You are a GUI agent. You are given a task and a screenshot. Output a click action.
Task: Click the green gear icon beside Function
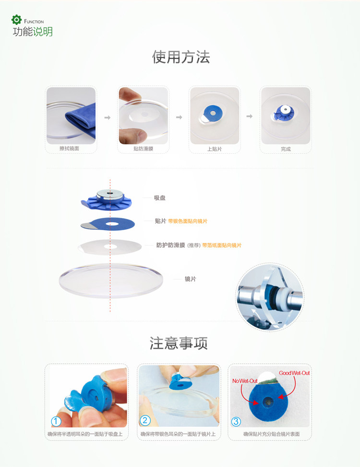17,20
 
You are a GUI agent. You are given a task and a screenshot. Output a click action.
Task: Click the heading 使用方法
181,57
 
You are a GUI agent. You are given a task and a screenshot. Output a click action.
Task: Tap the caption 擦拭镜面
69,148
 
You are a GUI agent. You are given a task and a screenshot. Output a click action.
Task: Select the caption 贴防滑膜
143,148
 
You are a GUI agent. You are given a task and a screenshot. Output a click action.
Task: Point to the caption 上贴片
215,149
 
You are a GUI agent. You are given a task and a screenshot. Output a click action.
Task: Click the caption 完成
286,149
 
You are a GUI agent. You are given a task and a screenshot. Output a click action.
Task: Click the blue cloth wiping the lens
82,119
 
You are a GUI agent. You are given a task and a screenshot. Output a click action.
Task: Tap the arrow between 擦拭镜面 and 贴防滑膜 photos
108,118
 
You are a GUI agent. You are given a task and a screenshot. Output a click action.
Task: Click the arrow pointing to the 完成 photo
249,116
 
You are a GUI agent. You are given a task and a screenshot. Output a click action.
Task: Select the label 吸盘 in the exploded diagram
160,198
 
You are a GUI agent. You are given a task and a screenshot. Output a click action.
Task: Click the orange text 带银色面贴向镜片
188,221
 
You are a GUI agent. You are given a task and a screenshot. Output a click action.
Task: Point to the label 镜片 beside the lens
191,279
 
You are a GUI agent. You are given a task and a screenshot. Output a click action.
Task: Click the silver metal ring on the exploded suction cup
110,196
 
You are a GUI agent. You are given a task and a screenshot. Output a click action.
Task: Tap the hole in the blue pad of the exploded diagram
111,224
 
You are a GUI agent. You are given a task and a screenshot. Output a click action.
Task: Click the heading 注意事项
179,343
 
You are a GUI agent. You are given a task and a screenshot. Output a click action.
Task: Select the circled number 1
56,421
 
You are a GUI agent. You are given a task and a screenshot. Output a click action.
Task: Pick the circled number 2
145,420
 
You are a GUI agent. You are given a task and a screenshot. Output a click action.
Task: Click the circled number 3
236,421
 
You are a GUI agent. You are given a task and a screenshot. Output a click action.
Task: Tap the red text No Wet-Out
245,381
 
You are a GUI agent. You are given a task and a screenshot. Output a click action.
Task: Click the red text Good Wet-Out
294,373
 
